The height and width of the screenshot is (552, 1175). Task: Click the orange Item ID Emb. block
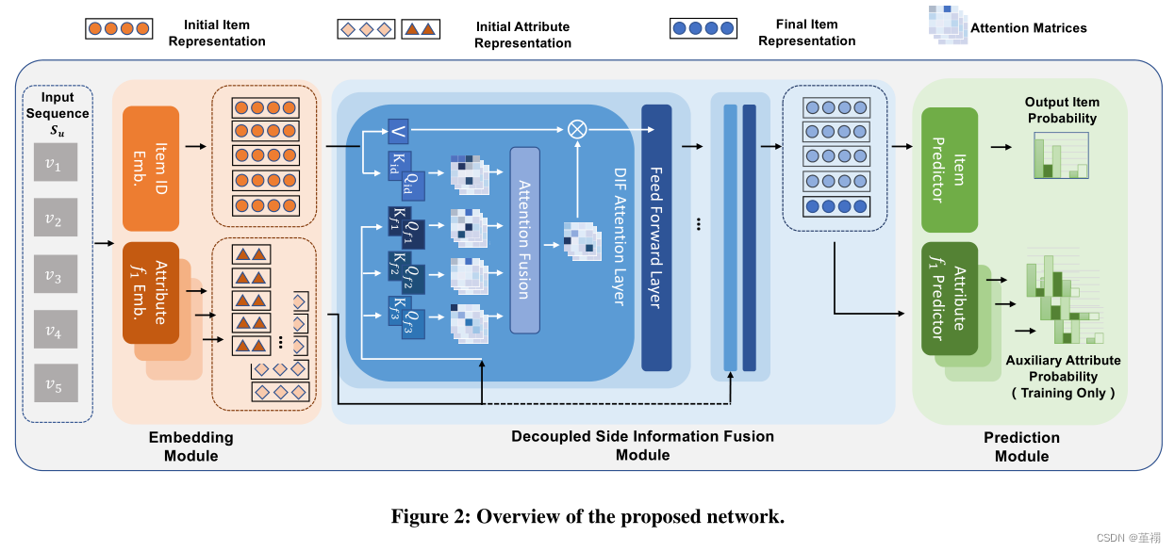click(x=151, y=169)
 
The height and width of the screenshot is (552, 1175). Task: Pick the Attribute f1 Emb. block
click(x=151, y=293)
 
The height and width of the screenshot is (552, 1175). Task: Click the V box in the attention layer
click(x=398, y=133)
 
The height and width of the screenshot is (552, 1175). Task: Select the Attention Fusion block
click(x=525, y=239)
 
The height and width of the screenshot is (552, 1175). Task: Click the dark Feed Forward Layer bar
click(x=656, y=236)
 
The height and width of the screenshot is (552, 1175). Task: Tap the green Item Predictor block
click(x=950, y=169)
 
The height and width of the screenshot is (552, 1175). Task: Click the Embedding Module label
click(x=190, y=446)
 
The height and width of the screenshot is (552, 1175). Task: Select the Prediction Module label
click(x=1021, y=446)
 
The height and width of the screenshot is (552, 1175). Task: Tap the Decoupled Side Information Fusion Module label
click(x=642, y=446)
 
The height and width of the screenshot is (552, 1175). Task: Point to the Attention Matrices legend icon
click(x=940, y=25)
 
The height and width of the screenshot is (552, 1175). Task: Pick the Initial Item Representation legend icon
click(x=118, y=29)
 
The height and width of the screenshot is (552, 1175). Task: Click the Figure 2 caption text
click(x=587, y=516)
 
